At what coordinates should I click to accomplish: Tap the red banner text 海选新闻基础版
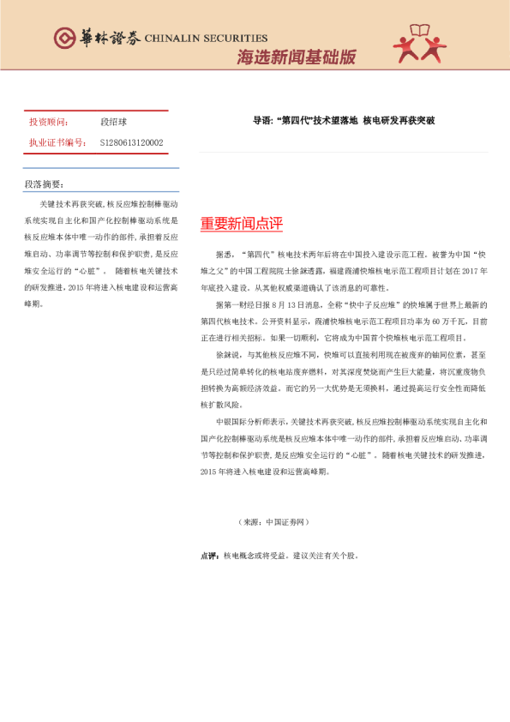(296, 57)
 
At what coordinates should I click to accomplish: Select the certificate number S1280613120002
(132, 142)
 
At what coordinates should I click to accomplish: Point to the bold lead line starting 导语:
(344, 121)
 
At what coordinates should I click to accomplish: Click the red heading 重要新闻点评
(241, 224)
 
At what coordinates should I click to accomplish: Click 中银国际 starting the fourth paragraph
(231, 422)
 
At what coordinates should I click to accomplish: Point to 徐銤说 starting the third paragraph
(227, 355)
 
